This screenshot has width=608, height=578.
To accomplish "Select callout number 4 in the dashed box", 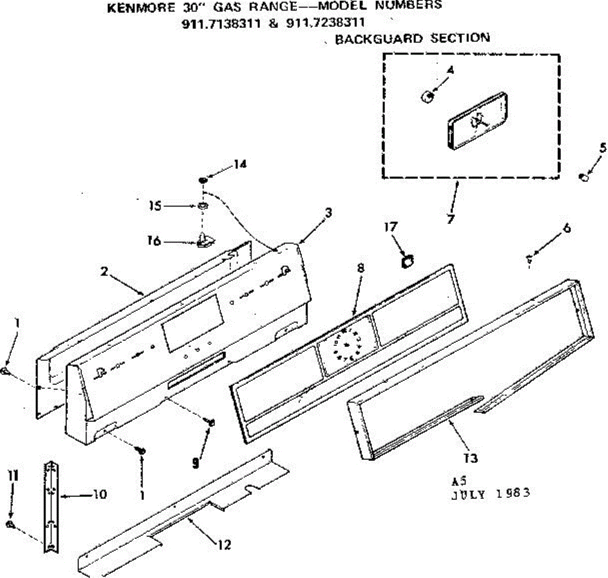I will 450,70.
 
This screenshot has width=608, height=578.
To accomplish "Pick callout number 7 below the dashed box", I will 450,219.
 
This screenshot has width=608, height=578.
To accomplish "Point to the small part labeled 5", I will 584,177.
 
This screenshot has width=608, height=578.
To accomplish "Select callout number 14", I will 240,164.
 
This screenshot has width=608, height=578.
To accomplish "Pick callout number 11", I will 12,476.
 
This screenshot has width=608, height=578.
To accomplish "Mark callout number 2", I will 104,272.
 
